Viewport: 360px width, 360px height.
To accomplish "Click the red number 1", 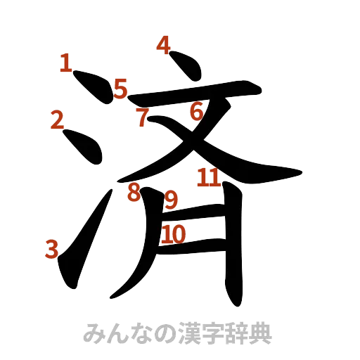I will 65,65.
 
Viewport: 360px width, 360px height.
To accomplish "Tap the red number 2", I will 58,120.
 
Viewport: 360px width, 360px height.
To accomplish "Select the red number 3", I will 52,247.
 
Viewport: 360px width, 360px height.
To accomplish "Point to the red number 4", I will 163,46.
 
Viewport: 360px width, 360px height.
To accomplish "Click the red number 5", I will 120,89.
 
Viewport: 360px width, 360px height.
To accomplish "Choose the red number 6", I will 196,110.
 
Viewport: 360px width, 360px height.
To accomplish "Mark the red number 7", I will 143,118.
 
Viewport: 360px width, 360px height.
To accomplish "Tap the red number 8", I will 132,192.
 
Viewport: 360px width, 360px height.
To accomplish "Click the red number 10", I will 173,233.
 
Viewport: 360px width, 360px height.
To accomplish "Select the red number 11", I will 208,178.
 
